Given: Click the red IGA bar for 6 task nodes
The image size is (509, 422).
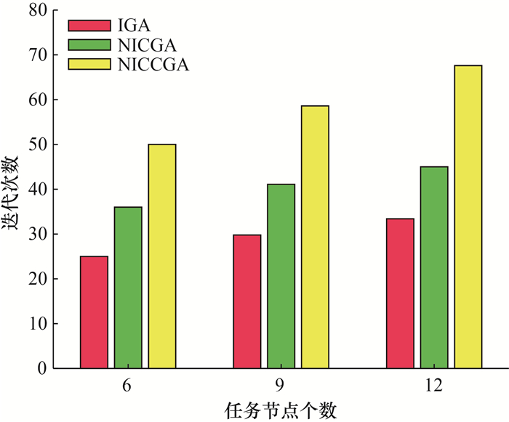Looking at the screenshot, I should point(94,312).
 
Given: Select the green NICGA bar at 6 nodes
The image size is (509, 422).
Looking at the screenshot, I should point(128,288).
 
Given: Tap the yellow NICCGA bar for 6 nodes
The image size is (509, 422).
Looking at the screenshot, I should point(162,256).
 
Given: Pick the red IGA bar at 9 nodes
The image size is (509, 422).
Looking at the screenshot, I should point(247,301).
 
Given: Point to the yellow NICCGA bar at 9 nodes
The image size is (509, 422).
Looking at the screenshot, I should point(315,237).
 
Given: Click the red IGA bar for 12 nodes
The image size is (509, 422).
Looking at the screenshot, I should point(400,293).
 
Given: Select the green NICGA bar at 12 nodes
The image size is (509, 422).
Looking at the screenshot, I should point(434,267).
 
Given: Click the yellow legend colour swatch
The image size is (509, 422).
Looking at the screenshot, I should point(87,65).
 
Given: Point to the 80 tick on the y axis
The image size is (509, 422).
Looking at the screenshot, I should point(38,10).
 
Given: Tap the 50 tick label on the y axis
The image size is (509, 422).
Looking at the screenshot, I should point(38,145).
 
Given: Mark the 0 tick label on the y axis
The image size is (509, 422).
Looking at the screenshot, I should point(42,368).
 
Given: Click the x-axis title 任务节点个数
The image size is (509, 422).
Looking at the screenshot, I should point(281,410).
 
